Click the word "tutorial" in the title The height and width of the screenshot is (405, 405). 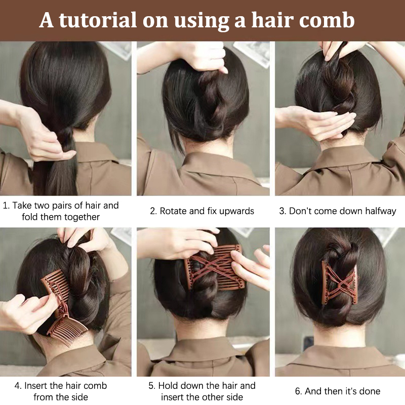[x=97, y=20]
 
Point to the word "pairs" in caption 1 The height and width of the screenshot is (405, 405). [x=62, y=206]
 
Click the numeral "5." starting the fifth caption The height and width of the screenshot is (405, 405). [x=152, y=386]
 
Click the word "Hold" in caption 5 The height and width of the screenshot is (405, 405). [x=168, y=386]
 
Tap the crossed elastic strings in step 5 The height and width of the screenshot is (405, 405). [x=214, y=266]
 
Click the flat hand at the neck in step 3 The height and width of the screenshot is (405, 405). [x=318, y=122]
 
